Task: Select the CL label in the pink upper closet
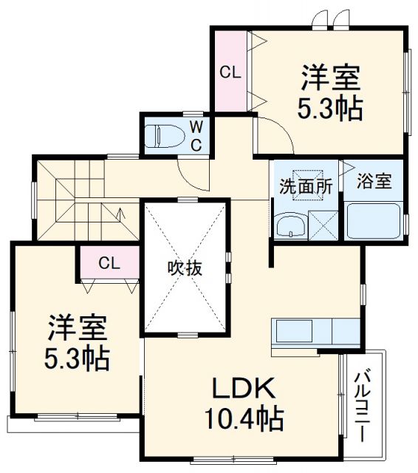(x=230, y=72)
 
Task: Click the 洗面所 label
(x=304, y=186)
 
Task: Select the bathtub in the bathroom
(x=373, y=220)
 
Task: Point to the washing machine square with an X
(x=323, y=225)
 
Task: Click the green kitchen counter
(x=315, y=331)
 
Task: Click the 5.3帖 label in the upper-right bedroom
(x=329, y=109)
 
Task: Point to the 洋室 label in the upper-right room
(x=330, y=78)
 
